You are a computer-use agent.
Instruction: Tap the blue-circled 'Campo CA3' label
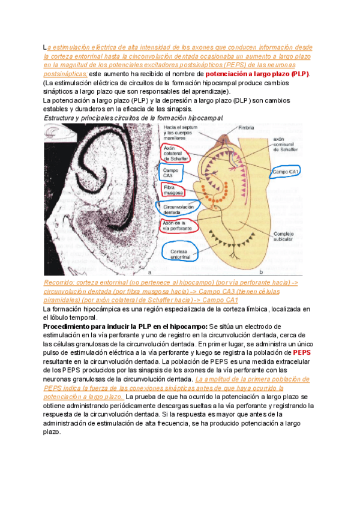(x=170, y=172)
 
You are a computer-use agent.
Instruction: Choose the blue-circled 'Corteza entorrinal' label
(x=181, y=254)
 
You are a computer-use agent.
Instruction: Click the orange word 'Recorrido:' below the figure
(x=61, y=283)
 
